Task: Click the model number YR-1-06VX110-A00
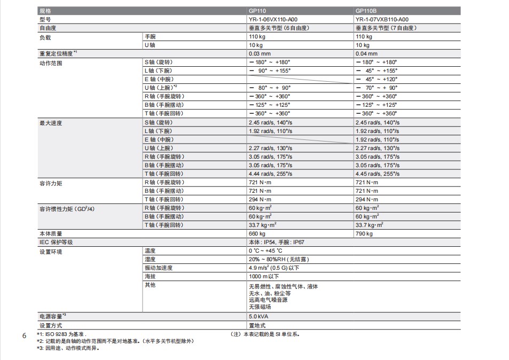click(x=273, y=19)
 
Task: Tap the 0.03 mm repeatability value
click(x=260, y=53)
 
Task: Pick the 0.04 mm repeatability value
click(x=366, y=53)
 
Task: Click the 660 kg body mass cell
click(x=257, y=233)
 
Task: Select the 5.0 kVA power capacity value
click(x=259, y=316)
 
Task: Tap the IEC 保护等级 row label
click(x=56, y=242)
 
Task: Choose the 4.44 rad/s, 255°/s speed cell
click(x=270, y=174)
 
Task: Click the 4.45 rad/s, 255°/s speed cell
click(x=377, y=174)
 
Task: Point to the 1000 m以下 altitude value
click(x=264, y=276)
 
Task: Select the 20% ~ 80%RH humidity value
click(x=279, y=259)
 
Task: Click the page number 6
click(x=24, y=336)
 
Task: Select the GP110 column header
click(x=257, y=11)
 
